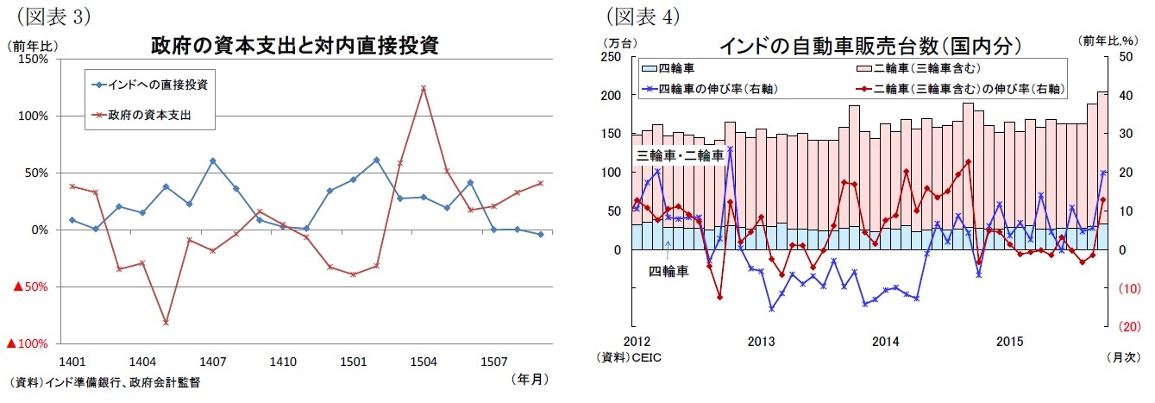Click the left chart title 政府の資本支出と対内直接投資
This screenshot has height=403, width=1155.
(295, 46)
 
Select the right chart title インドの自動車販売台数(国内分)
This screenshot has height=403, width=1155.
(871, 46)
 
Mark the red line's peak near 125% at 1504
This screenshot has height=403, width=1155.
(423, 88)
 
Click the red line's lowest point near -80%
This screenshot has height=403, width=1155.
(166, 323)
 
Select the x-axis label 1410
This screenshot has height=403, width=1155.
(283, 362)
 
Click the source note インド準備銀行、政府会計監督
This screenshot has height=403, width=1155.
(105, 382)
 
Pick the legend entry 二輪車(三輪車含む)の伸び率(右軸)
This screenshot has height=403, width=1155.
(957, 88)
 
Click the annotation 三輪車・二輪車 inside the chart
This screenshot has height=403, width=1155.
(680, 155)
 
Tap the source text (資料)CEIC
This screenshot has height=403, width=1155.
(626, 356)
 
